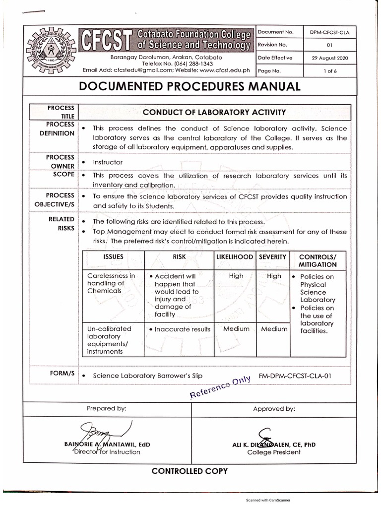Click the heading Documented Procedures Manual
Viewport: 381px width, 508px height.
coord(190,86)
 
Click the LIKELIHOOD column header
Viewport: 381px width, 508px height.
coord(234,257)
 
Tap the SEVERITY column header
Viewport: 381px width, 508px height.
coord(272,257)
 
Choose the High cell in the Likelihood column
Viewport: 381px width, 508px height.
coord(236,276)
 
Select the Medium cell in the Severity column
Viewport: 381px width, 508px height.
coord(274,329)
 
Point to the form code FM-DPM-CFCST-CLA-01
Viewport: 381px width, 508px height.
coord(295,376)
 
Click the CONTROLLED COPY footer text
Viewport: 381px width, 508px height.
coord(190,471)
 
